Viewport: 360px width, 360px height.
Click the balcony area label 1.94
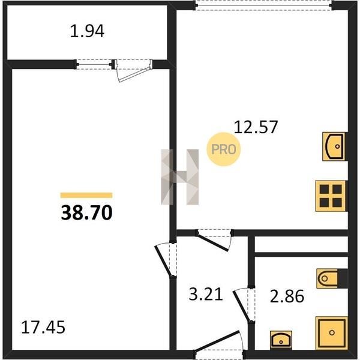tap(87, 31)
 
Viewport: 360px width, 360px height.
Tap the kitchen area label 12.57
tap(256, 127)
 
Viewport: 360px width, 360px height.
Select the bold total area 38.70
tap(86, 212)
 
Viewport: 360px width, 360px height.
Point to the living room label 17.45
tap(43, 327)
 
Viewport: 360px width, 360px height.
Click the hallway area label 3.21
tap(206, 295)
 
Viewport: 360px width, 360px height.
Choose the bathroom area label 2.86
tap(287, 296)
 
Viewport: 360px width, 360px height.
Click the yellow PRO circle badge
tap(224, 149)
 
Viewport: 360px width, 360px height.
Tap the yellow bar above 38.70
tap(86, 195)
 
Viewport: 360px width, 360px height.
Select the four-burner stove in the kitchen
tap(331, 196)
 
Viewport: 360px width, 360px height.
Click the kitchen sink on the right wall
tap(334, 146)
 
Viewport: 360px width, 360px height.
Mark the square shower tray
tap(332, 333)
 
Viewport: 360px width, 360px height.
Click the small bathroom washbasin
tap(281, 340)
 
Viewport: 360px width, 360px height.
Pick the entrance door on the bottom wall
tap(218, 343)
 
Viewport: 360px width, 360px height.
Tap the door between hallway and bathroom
tap(244, 305)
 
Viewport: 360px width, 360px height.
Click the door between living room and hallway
tap(166, 260)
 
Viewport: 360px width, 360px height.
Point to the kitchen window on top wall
tap(263, 5)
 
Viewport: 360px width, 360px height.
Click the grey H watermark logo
tap(180, 177)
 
